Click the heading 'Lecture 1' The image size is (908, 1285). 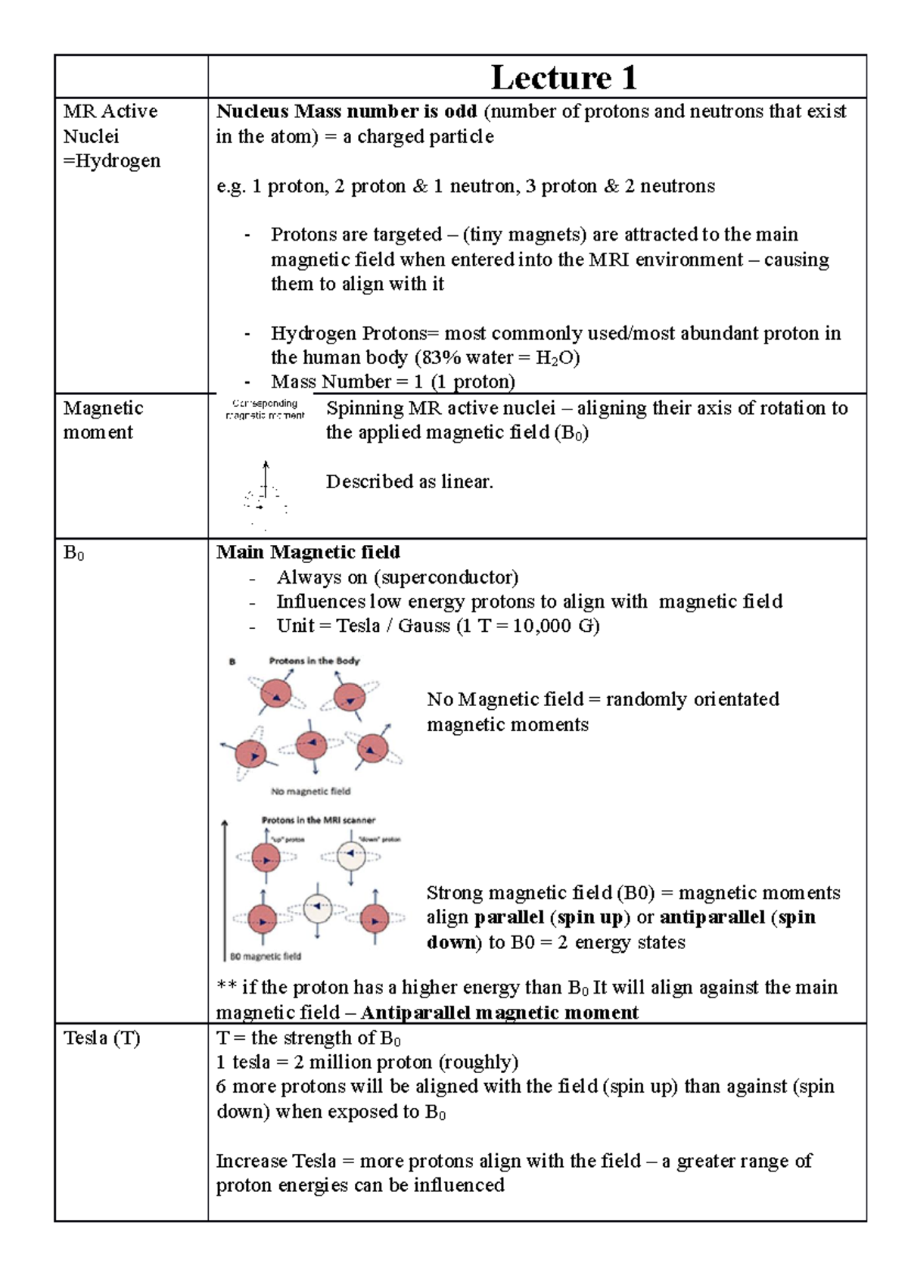(x=563, y=77)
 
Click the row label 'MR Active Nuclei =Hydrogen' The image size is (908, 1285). (x=111, y=136)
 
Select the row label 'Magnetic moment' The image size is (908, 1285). (x=102, y=420)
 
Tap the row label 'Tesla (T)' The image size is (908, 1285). (x=101, y=1038)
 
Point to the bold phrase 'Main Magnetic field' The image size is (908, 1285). (x=308, y=552)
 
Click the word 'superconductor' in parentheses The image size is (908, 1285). (x=446, y=577)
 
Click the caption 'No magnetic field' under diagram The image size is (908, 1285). (x=310, y=791)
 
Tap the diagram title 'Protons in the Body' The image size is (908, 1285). (x=314, y=661)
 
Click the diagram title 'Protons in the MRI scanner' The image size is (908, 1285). (x=318, y=820)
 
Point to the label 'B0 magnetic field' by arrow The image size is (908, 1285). (x=265, y=956)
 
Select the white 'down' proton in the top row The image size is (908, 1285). (x=351, y=856)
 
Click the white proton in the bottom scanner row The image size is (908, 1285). (x=318, y=907)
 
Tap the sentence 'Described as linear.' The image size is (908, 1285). (x=409, y=481)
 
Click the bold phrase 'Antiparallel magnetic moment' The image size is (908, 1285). (x=499, y=1013)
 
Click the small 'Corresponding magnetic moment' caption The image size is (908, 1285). (x=265, y=409)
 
